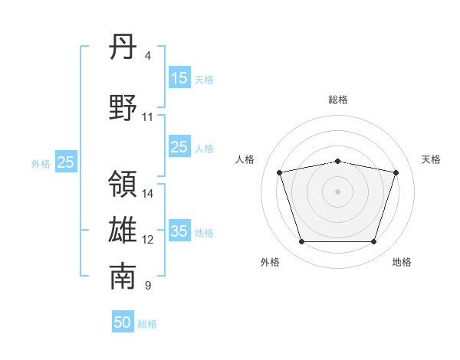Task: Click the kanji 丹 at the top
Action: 123,47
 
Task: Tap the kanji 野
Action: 123,107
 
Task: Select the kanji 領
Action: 123,184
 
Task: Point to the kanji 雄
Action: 123,230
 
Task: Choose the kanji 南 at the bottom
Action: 123,277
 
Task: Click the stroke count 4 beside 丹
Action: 147,56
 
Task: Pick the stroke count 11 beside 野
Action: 147,117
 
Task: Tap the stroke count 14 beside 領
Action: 147,194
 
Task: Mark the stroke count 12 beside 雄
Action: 147,240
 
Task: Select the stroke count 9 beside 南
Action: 148,285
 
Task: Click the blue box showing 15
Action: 179,77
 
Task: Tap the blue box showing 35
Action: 179,230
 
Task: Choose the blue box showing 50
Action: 123,321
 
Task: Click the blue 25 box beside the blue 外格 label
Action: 66,162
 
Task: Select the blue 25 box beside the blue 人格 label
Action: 179,146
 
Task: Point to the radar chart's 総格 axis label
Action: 338,100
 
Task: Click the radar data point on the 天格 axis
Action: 396,172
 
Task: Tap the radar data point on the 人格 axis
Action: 280,172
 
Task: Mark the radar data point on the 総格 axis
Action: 338,162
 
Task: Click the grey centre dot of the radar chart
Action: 337,191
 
